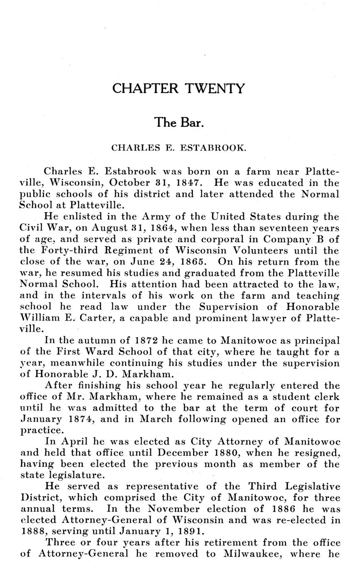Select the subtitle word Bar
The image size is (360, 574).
(x=192, y=123)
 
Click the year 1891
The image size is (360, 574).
(x=191, y=532)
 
